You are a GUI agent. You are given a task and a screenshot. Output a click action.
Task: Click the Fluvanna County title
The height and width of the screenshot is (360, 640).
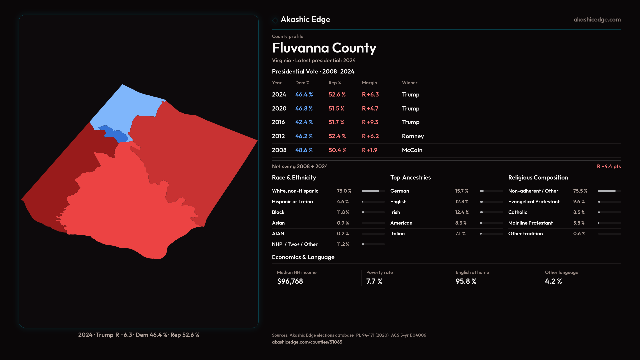[324, 48]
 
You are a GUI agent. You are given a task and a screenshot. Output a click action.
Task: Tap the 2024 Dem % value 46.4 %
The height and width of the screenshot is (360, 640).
[304, 95]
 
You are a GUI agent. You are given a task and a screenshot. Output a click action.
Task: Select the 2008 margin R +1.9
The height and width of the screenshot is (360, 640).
[369, 150]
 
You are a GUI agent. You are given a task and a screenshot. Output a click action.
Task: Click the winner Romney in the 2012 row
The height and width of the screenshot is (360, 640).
[413, 136]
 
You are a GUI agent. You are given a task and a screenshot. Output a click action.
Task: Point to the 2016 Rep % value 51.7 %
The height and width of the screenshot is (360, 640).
[336, 122]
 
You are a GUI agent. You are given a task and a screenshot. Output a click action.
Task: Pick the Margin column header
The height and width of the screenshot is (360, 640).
[369, 83]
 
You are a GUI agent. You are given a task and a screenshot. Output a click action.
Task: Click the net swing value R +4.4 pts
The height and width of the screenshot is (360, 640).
[609, 167]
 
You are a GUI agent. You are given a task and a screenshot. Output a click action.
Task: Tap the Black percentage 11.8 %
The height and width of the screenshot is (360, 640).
[343, 212]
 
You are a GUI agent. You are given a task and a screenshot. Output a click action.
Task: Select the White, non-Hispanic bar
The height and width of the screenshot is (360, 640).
[373, 191]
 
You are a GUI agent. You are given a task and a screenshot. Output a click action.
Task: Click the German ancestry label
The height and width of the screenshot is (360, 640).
[399, 191]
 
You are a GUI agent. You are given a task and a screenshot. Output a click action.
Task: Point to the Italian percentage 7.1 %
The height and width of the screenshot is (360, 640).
[460, 234]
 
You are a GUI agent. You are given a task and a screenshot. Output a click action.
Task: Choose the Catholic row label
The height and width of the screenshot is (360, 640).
[517, 212]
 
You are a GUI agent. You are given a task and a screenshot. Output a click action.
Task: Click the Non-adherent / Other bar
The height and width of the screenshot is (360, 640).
[609, 191]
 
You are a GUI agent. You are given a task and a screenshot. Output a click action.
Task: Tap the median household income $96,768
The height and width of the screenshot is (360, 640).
[290, 281]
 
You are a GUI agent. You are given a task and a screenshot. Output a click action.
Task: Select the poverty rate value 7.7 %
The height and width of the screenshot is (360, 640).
[374, 281]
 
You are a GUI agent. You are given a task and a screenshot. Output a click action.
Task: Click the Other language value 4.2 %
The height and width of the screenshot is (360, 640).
[553, 281]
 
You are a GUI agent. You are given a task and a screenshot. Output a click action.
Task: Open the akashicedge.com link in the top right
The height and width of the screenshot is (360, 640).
[597, 20]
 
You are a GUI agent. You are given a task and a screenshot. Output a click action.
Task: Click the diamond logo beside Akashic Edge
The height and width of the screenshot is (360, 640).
[275, 20]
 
